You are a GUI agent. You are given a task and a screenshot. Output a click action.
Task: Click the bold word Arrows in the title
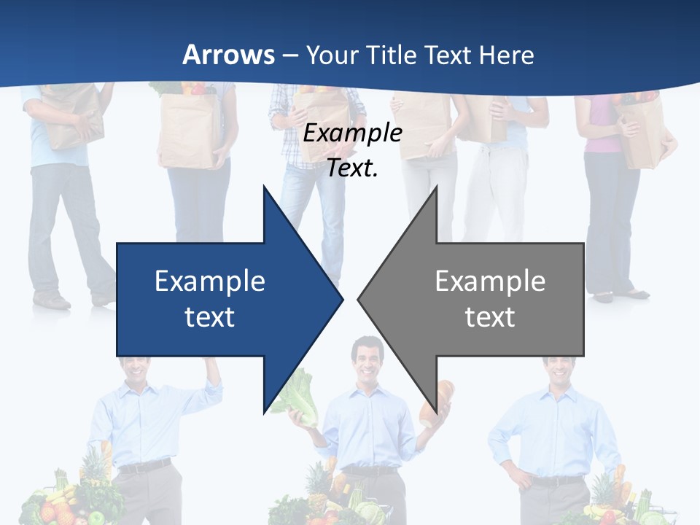[228, 55]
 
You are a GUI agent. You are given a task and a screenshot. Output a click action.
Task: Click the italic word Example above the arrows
[352, 133]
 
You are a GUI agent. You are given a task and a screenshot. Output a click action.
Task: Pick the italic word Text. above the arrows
[352, 168]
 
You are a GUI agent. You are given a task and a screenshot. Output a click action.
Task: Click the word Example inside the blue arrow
[210, 281]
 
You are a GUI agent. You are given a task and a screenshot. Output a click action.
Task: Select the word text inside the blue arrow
[210, 316]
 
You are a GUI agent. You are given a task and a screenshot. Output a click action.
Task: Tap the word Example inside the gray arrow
[490, 281]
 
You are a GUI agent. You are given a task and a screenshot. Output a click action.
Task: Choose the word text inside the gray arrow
[490, 316]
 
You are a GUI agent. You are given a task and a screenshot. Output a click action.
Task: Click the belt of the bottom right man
[558, 481]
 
